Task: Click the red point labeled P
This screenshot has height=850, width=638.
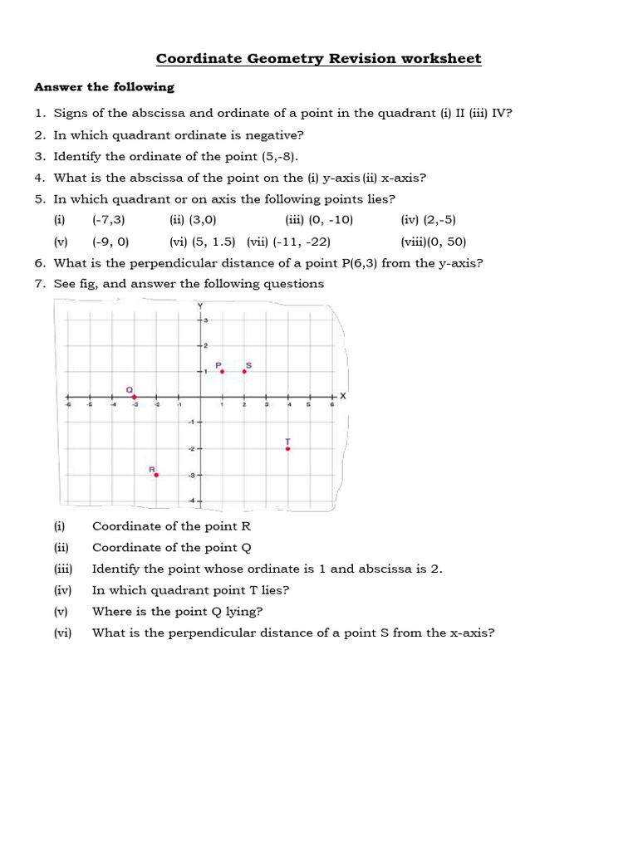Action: click(x=222, y=372)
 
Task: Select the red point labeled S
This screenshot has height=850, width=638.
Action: click(x=244, y=372)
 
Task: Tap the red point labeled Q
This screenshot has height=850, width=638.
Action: click(x=135, y=397)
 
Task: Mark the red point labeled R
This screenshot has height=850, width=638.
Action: click(x=156, y=475)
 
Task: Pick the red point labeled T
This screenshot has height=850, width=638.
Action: click(x=287, y=448)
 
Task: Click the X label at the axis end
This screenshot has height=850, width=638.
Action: click(x=341, y=397)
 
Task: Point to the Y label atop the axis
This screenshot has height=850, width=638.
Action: click(x=199, y=305)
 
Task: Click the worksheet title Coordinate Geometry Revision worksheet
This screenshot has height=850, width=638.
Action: click(x=319, y=59)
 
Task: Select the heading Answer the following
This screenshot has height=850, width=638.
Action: click(x=104, y=87)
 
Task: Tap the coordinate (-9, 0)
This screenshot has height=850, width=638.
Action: click(x=110, y=242)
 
